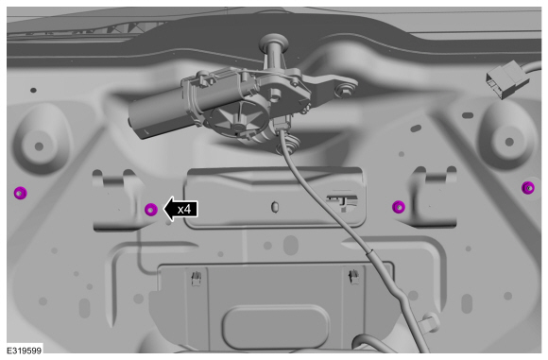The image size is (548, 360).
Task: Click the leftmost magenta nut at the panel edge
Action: click(20, 193)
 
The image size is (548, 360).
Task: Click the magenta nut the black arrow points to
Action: click(151, 210)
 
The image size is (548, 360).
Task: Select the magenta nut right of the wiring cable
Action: click(399, 207)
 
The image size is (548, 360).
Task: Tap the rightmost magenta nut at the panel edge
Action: click(528, 188)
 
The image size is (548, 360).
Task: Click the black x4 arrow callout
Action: click(180, 210)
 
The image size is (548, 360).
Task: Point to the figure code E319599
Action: click(25, 351)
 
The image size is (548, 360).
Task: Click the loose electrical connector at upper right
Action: click(507, 79)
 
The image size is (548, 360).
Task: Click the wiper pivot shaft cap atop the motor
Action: click(274, 41)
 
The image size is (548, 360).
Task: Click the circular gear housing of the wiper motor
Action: click(238, 121)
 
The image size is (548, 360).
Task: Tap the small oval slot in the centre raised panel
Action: click(275, 207)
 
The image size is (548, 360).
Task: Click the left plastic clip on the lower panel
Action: click(197, 279)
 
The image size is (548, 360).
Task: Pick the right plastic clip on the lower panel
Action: click(353, 276)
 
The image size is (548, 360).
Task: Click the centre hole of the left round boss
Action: click(39, 146)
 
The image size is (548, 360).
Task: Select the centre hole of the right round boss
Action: click(509, 142)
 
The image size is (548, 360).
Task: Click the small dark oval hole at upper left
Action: click(33, 90)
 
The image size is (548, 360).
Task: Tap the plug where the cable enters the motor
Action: click(283, 124)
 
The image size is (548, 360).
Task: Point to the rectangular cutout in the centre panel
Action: click(341, 203)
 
